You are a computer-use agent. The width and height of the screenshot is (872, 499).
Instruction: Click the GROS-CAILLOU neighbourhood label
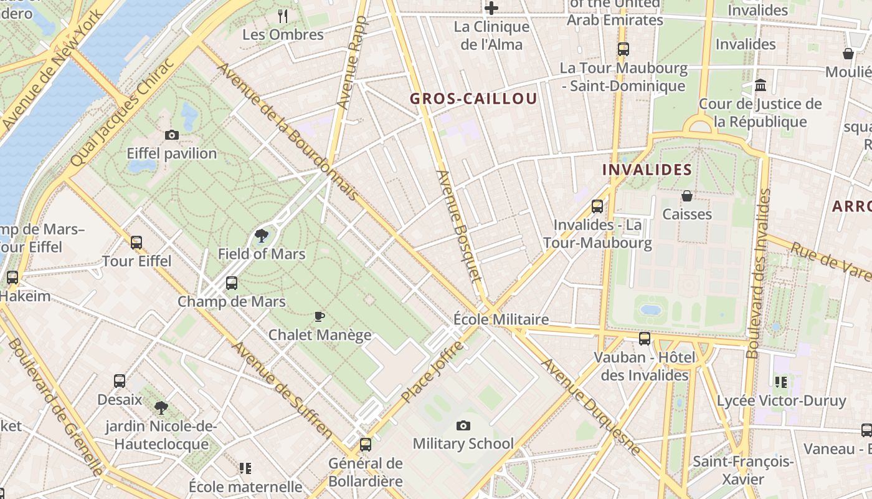coord(473,99)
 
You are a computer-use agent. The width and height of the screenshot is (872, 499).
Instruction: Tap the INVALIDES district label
coord(647,170)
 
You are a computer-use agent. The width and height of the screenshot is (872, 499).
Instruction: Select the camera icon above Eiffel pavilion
coord(172,135)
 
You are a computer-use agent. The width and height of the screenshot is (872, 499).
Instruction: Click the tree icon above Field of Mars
coord(262,236)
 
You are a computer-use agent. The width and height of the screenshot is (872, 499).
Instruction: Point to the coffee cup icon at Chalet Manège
coord(320,316)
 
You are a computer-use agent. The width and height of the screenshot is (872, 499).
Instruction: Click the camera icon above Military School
coord(463,425)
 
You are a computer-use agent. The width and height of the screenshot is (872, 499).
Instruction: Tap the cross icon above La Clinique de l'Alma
coord(491,8)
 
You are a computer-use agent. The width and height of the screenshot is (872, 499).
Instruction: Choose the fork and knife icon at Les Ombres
coord(283,16)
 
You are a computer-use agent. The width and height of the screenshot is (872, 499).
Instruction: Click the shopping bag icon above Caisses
coord(687,196)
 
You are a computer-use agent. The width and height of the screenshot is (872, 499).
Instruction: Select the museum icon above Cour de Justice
coord(761,85)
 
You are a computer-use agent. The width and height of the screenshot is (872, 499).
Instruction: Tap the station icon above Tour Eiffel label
coord(136,243)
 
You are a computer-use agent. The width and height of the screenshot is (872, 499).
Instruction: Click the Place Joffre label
coord(432,372)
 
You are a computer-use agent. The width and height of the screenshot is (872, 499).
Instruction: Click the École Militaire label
coord(501,320)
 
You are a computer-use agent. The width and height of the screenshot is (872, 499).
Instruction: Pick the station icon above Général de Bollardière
coord(366,445)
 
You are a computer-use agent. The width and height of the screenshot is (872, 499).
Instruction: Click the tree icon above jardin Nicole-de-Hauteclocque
coord(161,408)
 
